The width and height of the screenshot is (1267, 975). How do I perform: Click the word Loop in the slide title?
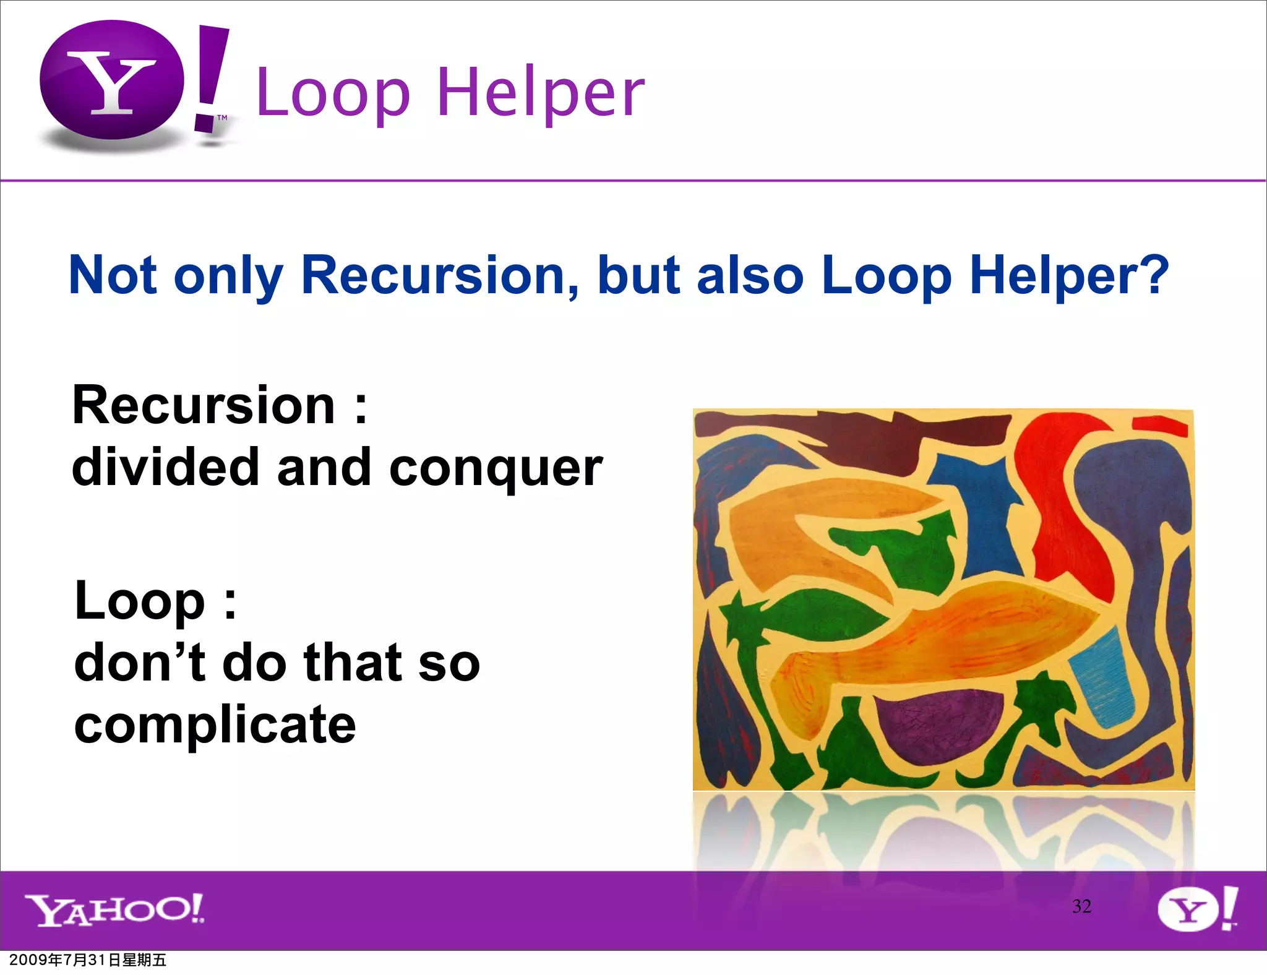(333, 93)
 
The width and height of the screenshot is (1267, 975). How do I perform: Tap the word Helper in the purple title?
(541, 93)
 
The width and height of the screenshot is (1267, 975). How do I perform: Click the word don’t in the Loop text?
(139, 662)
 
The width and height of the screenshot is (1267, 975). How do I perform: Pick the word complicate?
(215, 725)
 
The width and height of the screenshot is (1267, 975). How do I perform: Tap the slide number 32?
(1081, 906)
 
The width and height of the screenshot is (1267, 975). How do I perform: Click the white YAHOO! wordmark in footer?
(114, 909)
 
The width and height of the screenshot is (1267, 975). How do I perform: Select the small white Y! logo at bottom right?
(1196, 909)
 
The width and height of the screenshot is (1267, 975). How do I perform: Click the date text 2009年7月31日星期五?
(88, 960)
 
